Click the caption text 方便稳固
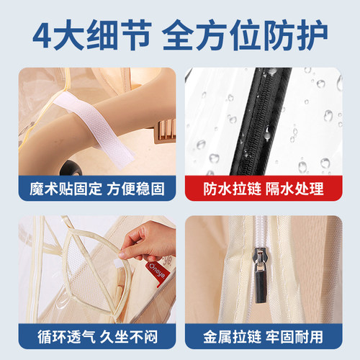coord(138,189)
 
